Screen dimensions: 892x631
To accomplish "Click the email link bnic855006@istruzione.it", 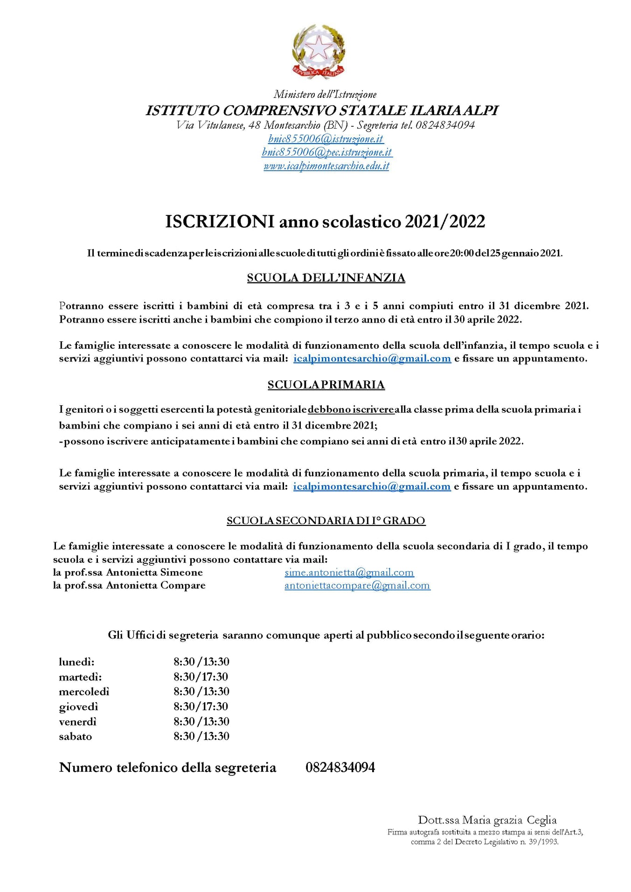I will click(x=326, y=138).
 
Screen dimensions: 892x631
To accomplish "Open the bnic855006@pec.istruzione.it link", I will click(x=326, y=152).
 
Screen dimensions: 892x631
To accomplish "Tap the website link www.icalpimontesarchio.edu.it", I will click(x=326, y=166).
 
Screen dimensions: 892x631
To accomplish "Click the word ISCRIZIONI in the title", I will click(x=220, y=221).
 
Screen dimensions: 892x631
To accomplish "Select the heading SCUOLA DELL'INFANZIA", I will click(x=326, y=278).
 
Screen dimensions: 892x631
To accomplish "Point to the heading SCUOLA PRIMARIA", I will click(x=326, y=385).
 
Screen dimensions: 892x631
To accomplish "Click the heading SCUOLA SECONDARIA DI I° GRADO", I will click(x=326, y=521).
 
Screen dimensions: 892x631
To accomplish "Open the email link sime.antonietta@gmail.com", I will click(x=349, y=573).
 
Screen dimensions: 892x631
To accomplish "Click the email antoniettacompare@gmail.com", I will click(x=357, y=586).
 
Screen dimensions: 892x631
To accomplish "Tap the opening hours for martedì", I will click(x=201, y=677).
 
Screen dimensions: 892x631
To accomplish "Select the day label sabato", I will click(x=76, y=736).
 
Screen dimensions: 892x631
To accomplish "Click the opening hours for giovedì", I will click(x=201, y=706).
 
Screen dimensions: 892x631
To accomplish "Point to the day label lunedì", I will click(x=76, y=662).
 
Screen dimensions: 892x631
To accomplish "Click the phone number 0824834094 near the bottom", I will click(x=340, y=768).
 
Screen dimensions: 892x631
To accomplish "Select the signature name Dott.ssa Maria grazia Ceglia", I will click(x=487, y=820).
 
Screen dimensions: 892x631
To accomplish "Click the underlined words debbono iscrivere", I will click(x=351, y=409).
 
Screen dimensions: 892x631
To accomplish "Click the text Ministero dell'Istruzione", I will click(x=325, y=95).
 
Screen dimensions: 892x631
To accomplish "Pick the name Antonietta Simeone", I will click(x=154, y=573).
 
